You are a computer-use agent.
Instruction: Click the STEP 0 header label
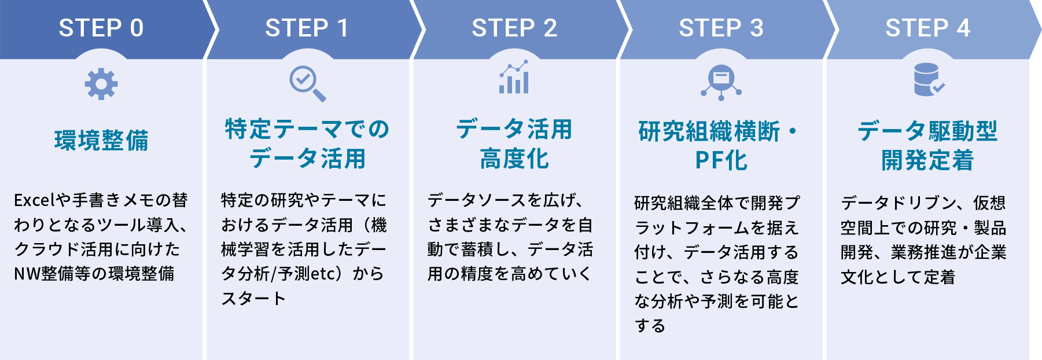pos(101,28)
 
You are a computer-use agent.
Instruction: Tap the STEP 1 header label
pos(307,28)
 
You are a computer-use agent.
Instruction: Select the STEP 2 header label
pos(514,28)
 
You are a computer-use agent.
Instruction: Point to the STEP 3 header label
pos(721,28)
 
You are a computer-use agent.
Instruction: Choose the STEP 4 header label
pos(928,28)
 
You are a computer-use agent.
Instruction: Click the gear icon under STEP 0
pos(101,84)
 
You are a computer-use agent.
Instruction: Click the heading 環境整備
pos(101,141)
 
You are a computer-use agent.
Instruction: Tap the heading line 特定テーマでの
pos(307,129)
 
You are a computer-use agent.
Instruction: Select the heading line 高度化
pos(514,159)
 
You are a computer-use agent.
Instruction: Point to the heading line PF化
pos(721,160)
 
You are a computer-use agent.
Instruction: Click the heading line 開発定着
pos(928,160)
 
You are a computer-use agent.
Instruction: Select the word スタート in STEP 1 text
pos(253,299)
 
